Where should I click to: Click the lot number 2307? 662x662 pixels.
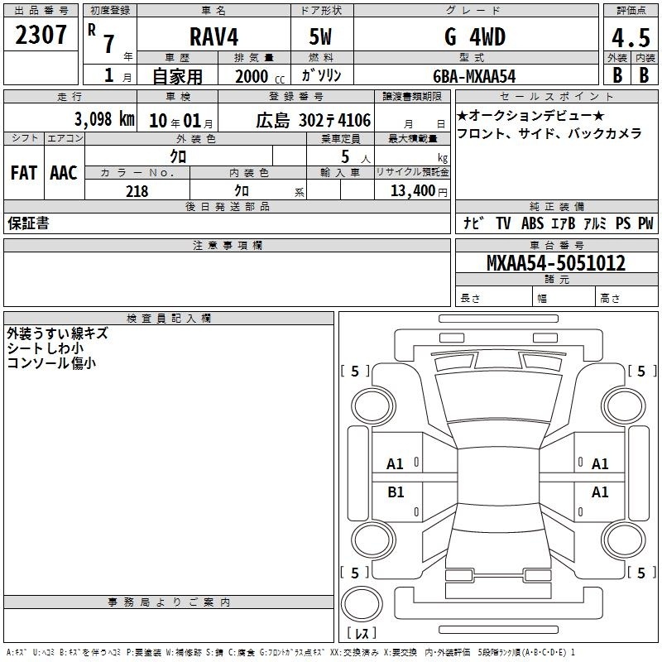point(41,35)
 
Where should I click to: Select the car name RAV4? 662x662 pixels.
point(213,36)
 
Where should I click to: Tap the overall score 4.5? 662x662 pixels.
point(631,38)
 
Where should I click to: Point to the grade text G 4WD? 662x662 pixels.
point(475,36)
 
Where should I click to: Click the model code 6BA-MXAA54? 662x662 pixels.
point(474,76)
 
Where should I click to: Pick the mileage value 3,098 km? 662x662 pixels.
point(104,119)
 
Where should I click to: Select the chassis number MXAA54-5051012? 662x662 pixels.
point(555,263)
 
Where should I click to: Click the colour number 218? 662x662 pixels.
point(137,191)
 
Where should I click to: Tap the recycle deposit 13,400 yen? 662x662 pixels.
point(419,191)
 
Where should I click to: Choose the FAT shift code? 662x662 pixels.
point(24,173)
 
